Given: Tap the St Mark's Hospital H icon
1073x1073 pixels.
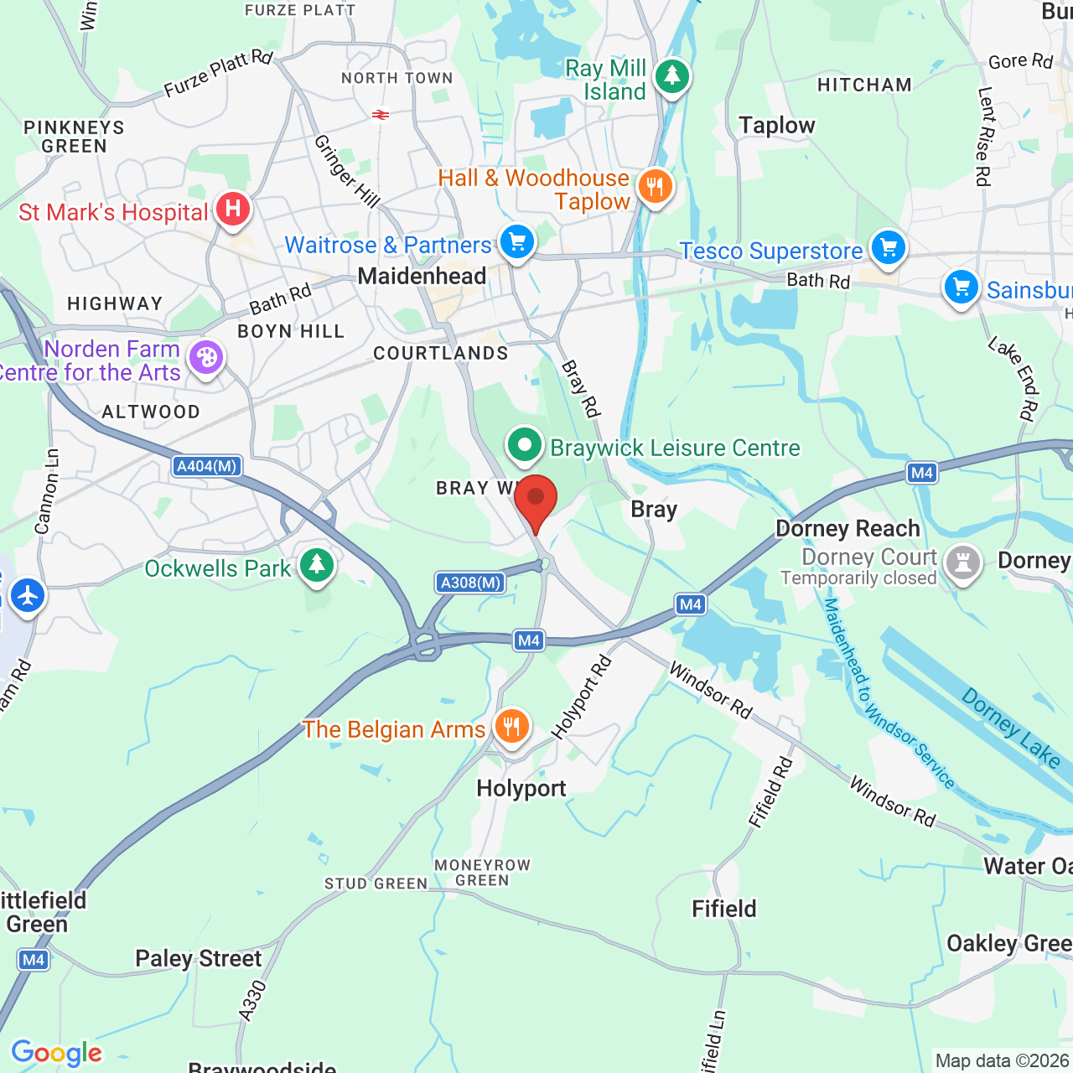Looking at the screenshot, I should [x=233, y=209].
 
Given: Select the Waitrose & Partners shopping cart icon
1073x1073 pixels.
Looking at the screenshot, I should [x=517, y=242].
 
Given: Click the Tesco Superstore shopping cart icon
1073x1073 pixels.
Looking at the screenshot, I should [x=888, y=248].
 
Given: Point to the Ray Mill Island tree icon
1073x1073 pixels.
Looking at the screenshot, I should [x=671, y=76].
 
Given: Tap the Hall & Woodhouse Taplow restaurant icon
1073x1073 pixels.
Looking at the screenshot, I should [x=655, y=186].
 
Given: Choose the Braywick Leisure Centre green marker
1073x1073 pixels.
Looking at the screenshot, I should [x=525, y=445].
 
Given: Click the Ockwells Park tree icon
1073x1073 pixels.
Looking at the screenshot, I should [x=317, y=565].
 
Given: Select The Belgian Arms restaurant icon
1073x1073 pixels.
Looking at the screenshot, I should [x=511, y=726].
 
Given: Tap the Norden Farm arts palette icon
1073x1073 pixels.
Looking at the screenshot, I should [x=205, y=359].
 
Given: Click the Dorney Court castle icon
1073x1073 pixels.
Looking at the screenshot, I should [x=962, y=562].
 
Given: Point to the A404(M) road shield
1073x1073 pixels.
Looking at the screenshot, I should [x=207, y=466].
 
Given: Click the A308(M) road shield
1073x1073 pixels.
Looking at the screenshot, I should [x=470, y=583].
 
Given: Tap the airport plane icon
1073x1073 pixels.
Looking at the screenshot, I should [x=28, y=596].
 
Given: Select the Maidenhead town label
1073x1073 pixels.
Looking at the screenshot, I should [x=422, y=276].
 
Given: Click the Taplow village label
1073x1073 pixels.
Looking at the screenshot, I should [x=777, y=126].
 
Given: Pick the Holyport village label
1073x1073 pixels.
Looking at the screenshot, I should [x=521, y=788].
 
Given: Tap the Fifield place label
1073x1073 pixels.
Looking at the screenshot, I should [x=724, y=909].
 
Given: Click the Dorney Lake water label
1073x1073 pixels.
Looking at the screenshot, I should [x=1011, y=727].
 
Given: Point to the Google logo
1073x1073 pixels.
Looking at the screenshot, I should [x=56, y=1053].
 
